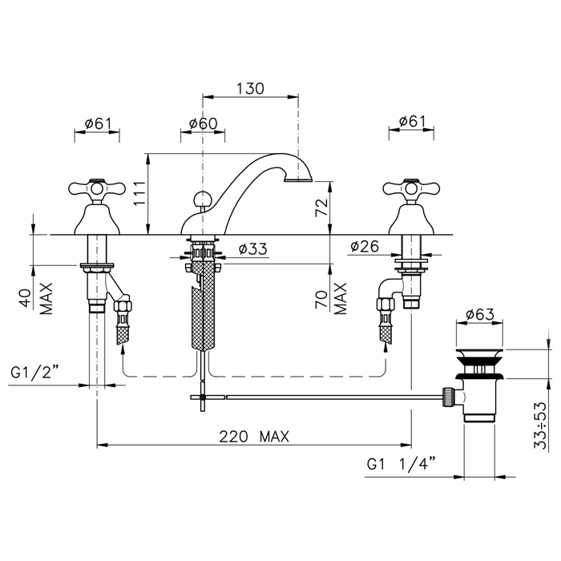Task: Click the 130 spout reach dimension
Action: point(250,88)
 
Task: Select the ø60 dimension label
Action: point(204,123)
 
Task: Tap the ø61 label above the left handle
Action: point(99,123)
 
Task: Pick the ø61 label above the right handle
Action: point(413,121)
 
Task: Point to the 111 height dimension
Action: point(139,194)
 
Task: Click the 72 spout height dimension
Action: point(321,208)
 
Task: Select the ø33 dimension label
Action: point(253,248)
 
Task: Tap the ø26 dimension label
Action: point(365,246)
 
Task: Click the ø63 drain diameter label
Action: point(480,314)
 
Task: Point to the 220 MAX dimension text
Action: point(254,437)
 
